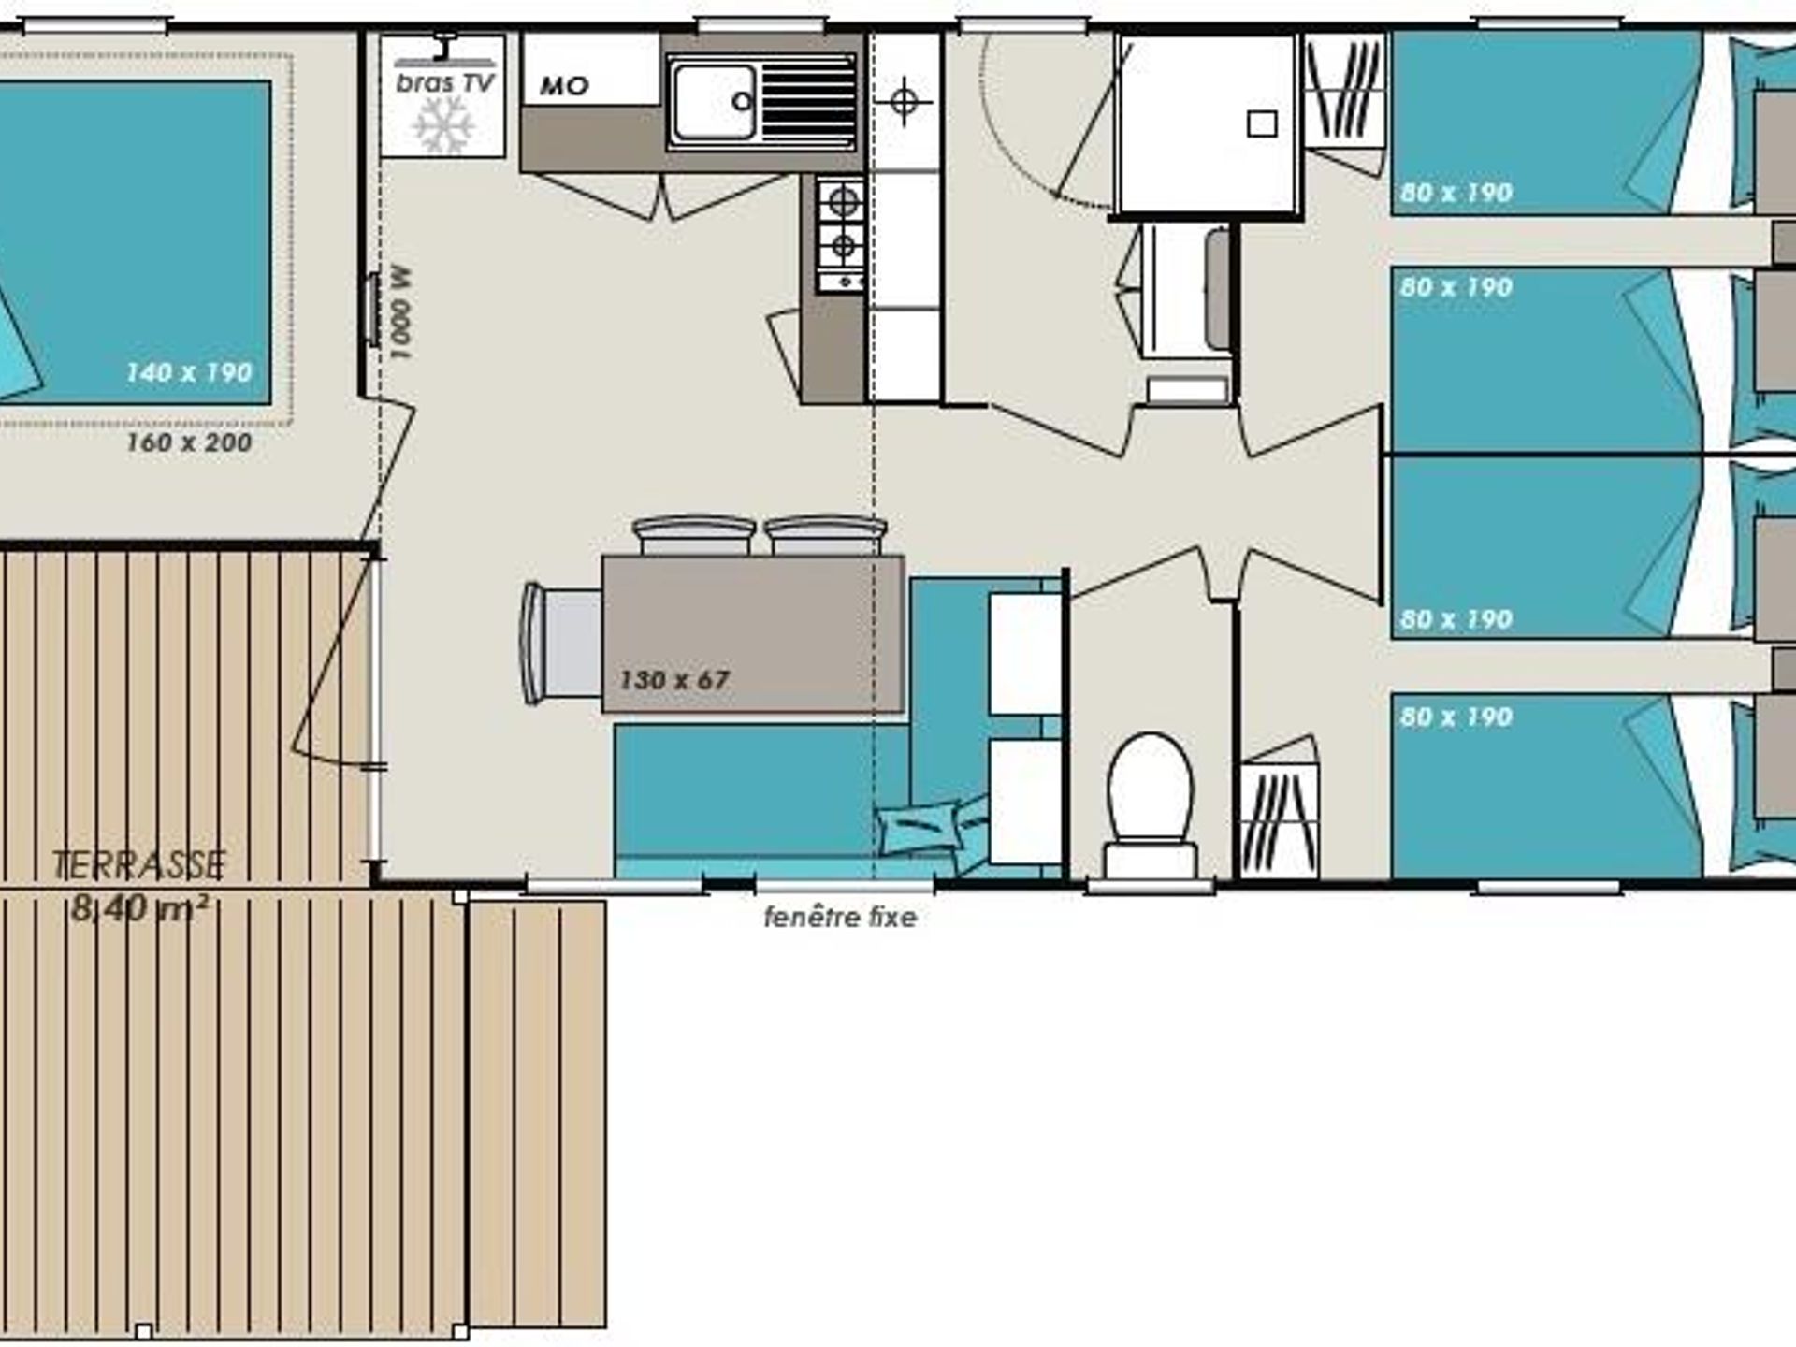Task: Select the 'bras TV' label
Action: click(x=444, y=83)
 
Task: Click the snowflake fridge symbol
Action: click(x=443, y=124)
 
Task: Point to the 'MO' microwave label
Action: click(x=564, y=87)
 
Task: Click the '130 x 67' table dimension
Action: click(x=673, y=680)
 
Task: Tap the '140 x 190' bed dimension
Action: click(x=189, y=372)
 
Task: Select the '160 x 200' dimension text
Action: click(x=189, y=442)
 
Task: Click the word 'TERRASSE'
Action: click(x=139, y=865)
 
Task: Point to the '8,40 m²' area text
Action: click(x=139, y=908)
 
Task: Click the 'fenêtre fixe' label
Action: click(x=840, y=918)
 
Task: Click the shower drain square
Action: click(x=1262, y=123)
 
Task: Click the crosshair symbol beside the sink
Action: click(x=904, y=101)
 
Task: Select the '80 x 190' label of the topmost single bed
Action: click(x=1456, y=193)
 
